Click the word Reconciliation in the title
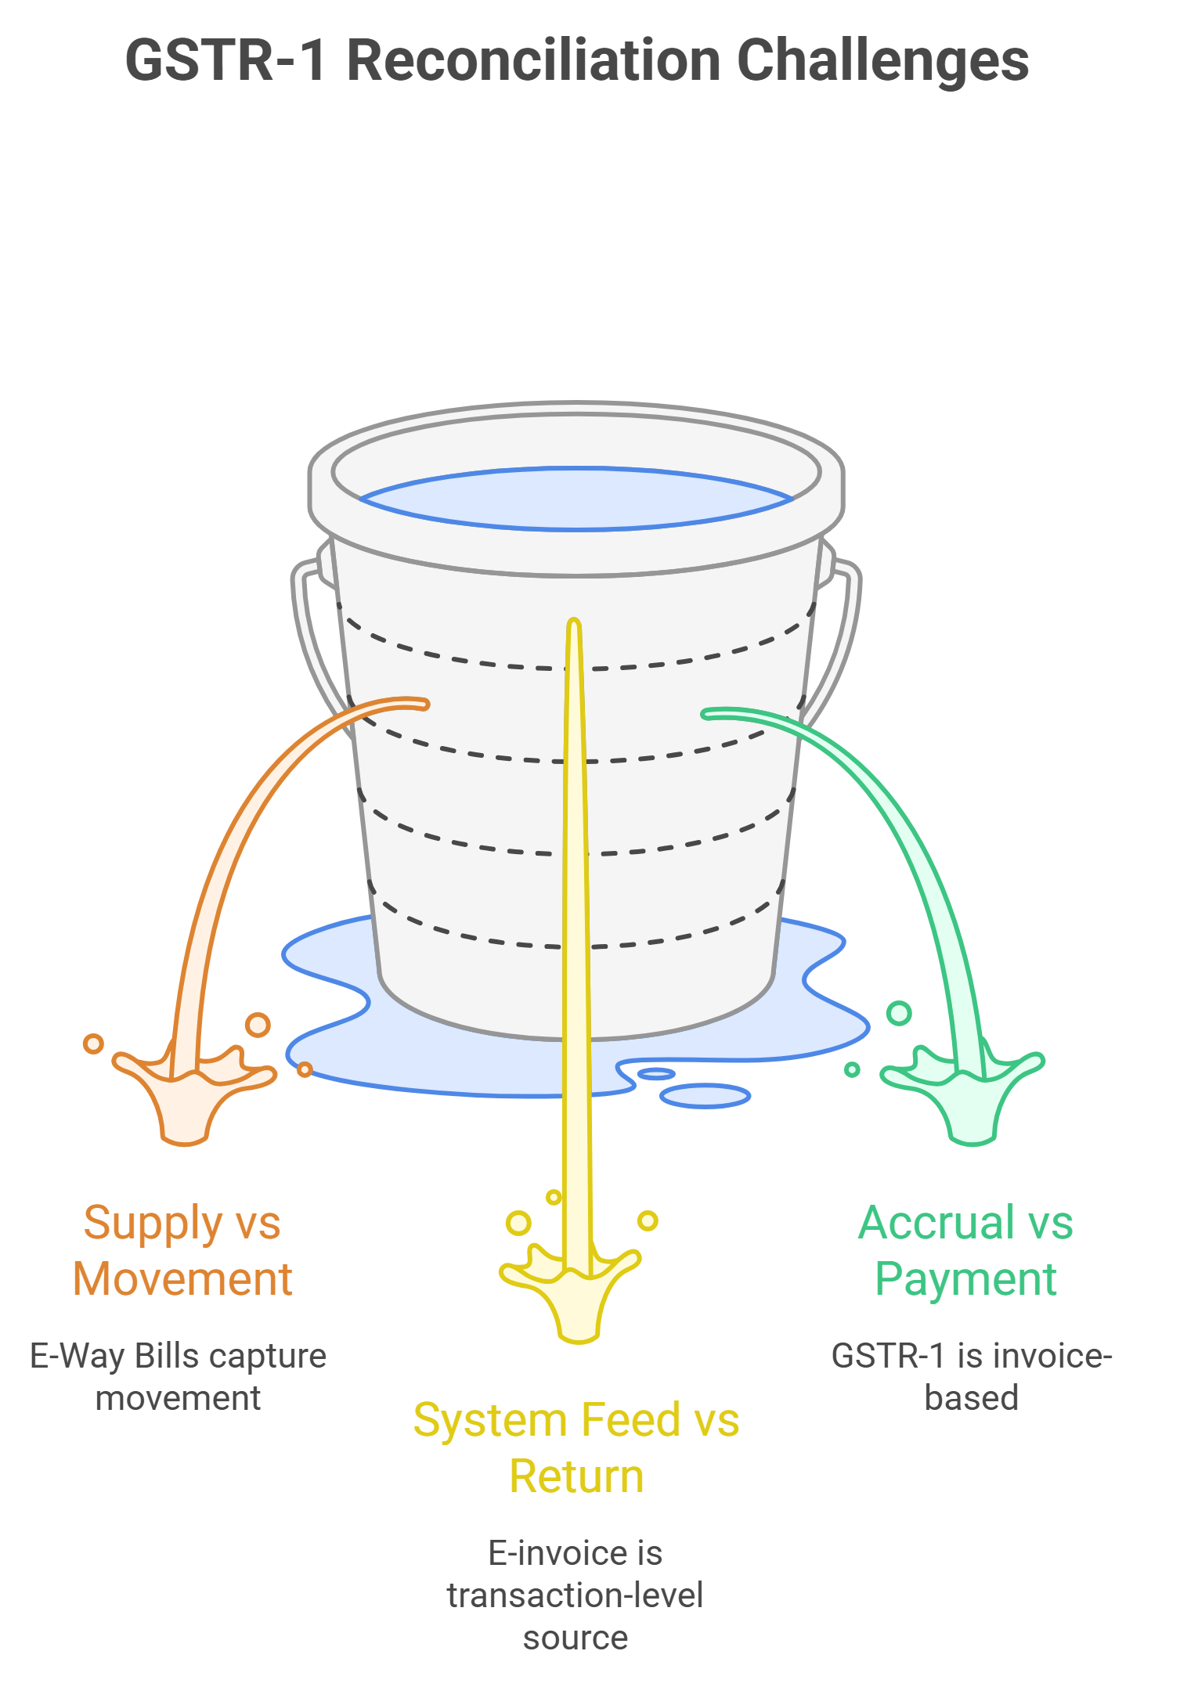point(533,60)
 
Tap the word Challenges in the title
point(882,60)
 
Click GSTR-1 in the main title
point(225,60)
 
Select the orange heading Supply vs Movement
point(182,1250)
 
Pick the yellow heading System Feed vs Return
point(576,1447)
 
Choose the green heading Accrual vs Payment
point(966,1250)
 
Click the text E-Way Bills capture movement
point(179,1376)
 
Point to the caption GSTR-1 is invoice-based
point(972,1376)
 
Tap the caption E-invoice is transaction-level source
point(576,1595)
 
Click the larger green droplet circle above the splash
point(899,1013)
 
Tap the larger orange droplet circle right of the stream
point(258,1024)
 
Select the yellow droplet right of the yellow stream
point(648,1220)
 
